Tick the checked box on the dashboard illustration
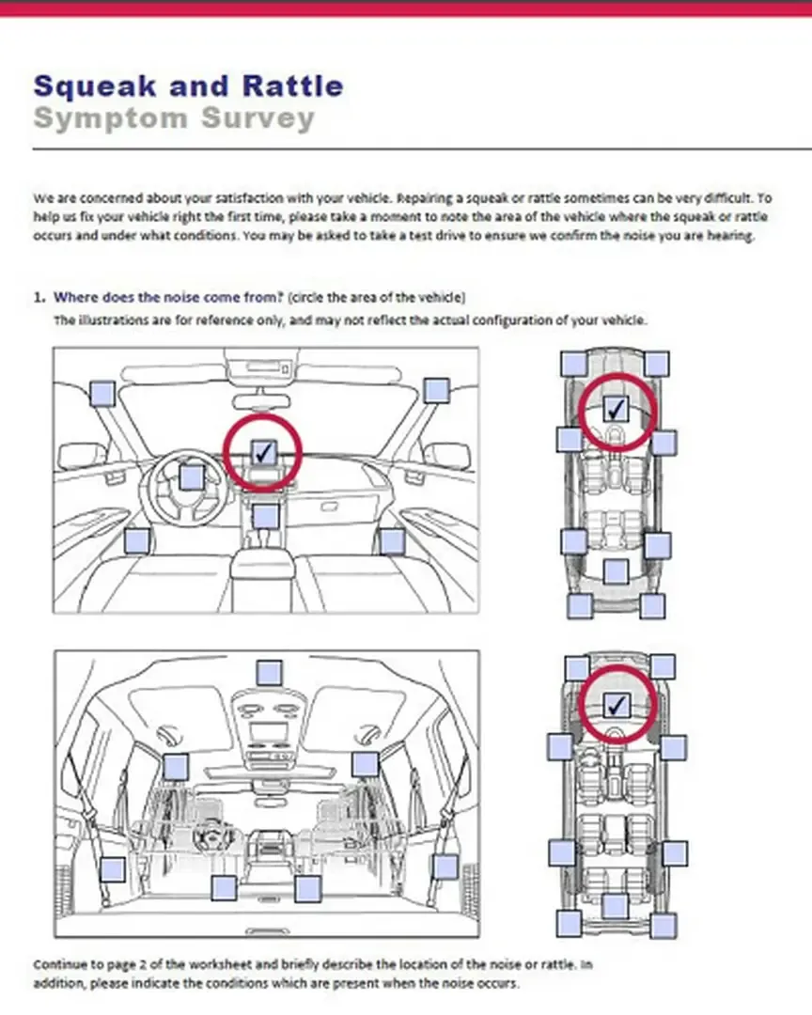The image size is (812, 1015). (263, 452)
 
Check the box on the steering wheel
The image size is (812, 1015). (191, 477)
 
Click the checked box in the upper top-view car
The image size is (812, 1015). (616, 409)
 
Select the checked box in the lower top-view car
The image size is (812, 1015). (616, 704)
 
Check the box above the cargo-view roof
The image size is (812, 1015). (269, 672)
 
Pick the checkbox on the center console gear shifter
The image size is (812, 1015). (266, 516)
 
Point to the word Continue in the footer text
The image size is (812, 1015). (59, 965)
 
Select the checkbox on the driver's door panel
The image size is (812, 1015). (137, 540)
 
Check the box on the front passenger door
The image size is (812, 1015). (392, 540)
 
